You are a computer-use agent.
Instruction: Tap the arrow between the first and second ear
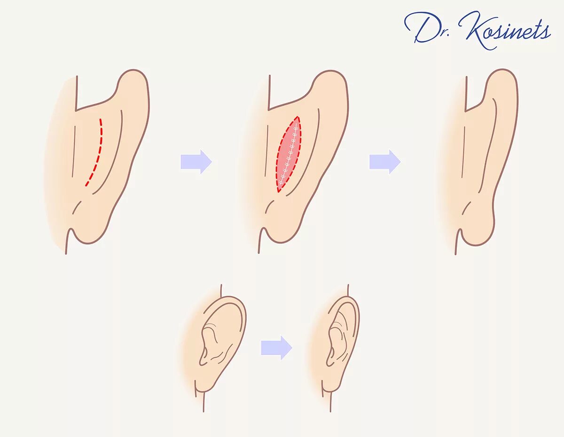point(196,162)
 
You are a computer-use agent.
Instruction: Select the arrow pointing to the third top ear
point(385,162)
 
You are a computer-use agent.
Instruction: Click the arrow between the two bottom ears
point(277,348)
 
